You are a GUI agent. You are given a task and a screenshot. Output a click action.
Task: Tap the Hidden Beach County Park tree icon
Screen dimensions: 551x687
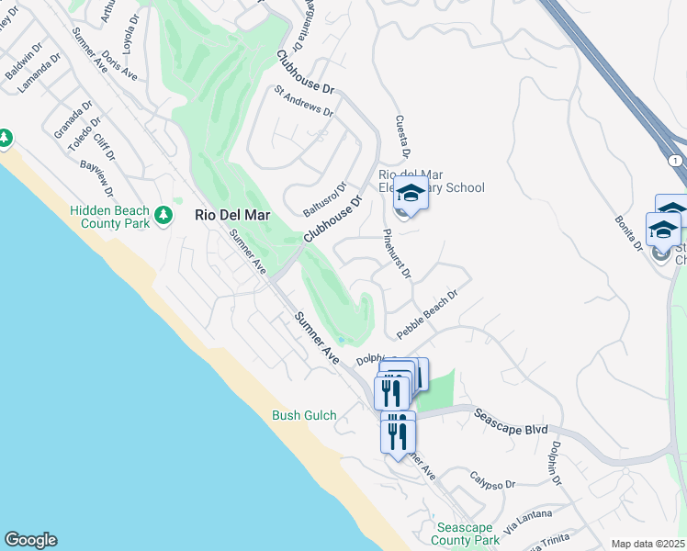tap(164, 215)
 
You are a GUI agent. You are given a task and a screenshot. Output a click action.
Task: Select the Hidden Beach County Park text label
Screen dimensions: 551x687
tap(109, 217)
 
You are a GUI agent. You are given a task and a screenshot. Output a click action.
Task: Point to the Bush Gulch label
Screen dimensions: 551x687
tap(304, 415)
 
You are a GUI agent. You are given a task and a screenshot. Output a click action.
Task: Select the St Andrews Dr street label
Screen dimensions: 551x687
tap(304, 101)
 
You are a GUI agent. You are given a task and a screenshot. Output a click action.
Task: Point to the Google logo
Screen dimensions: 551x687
tap(30, 540)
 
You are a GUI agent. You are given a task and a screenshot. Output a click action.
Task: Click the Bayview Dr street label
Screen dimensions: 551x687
tap(96, 179)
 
